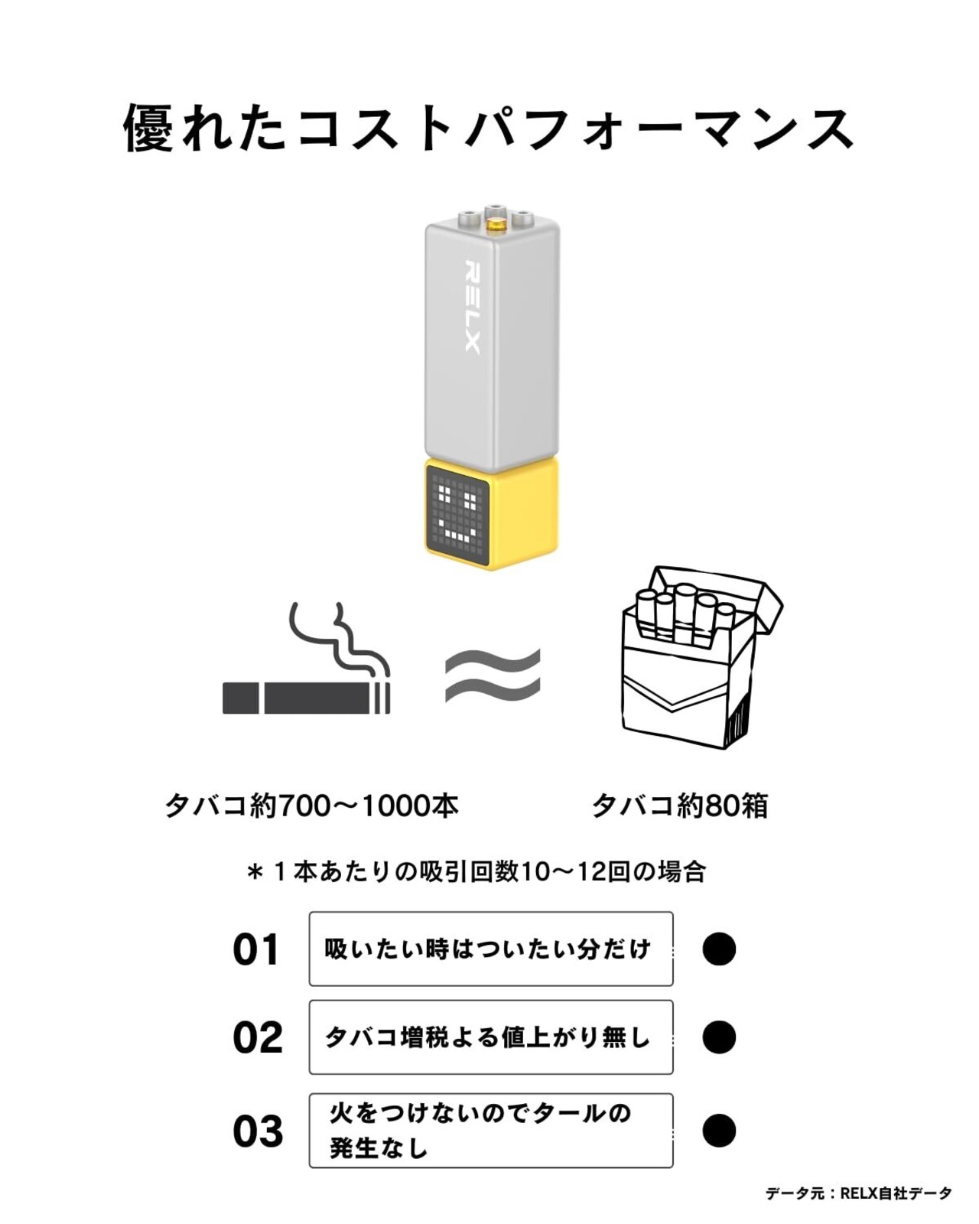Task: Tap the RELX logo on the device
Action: [472, 308]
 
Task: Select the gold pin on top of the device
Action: [496, 226]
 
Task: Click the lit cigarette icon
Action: [306, 696]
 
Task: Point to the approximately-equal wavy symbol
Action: [493, 675]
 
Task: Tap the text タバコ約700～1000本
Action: [311, 806]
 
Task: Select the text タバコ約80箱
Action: [679, 806]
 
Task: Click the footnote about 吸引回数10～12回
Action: [476, 871]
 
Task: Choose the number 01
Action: [256, 950]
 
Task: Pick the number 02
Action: [257, 1038]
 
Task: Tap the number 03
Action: [258, 1131]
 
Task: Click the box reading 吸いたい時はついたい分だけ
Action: [491, 949]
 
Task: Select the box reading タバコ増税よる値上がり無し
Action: [491, 1037]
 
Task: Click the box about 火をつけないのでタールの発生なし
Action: [491, 1131]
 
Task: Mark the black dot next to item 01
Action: [719, 949]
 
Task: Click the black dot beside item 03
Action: [719, 1131]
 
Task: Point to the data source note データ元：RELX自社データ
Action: [858, 1193]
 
